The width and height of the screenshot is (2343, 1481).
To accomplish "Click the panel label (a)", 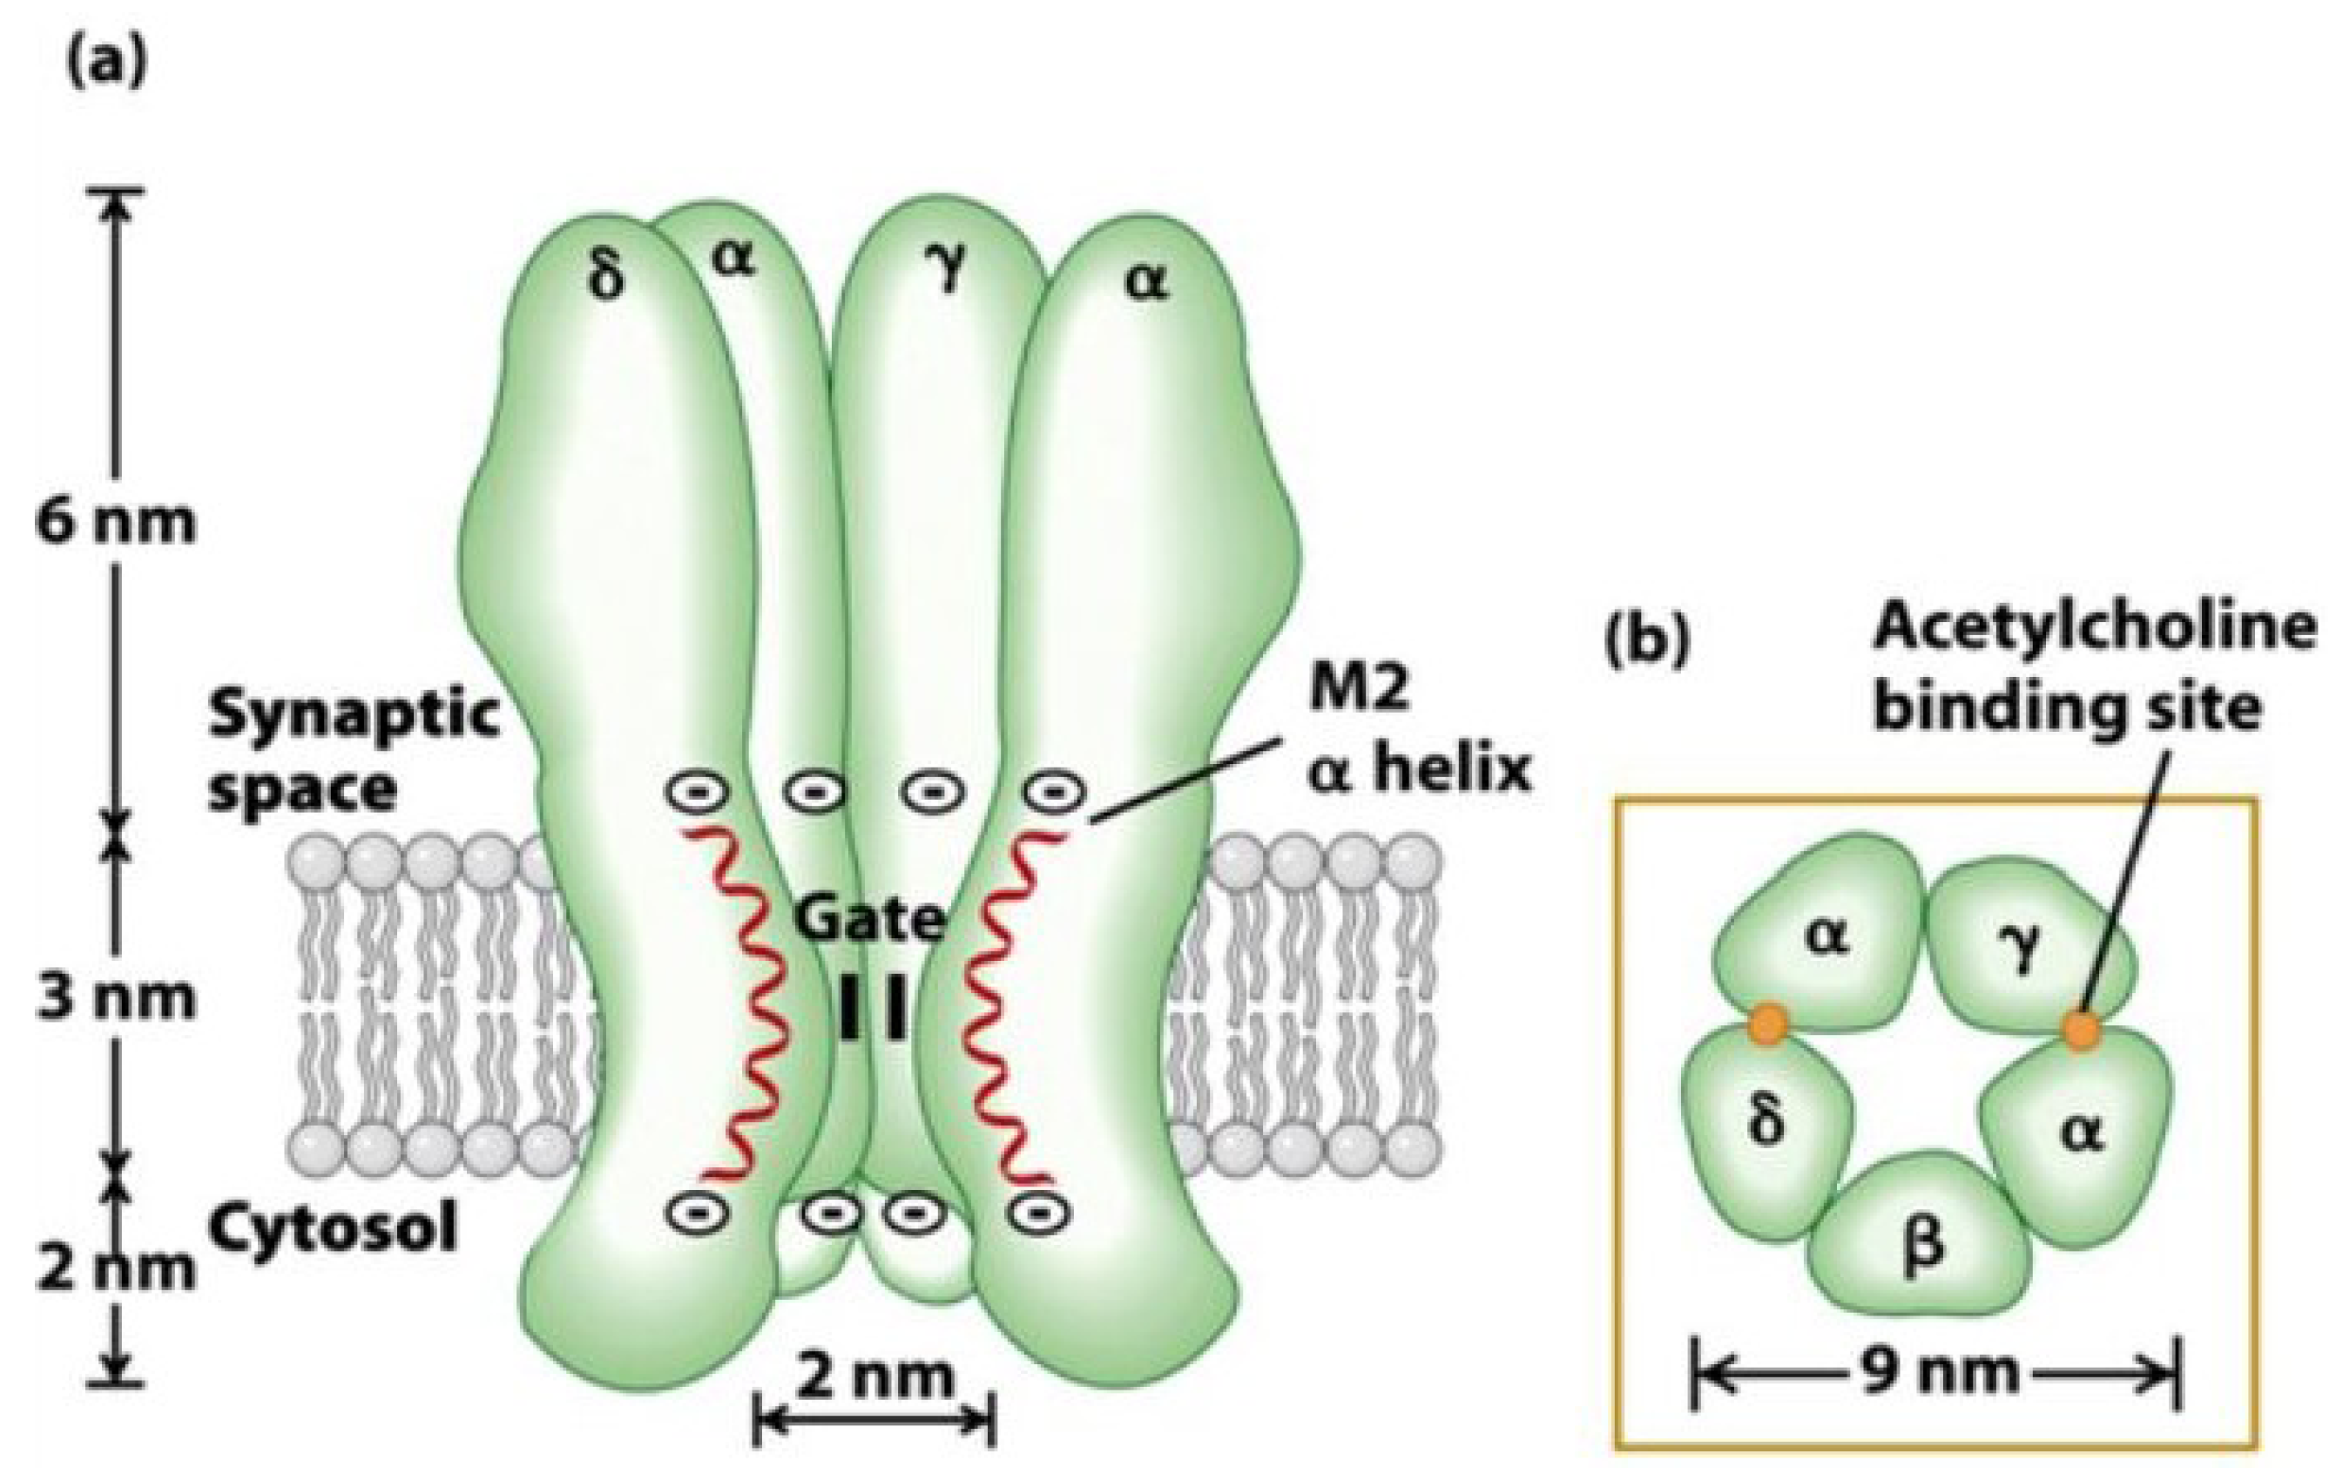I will [108, 67].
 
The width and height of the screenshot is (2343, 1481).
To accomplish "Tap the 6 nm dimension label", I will [115, 523].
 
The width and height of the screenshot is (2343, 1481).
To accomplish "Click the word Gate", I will [869, 921].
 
